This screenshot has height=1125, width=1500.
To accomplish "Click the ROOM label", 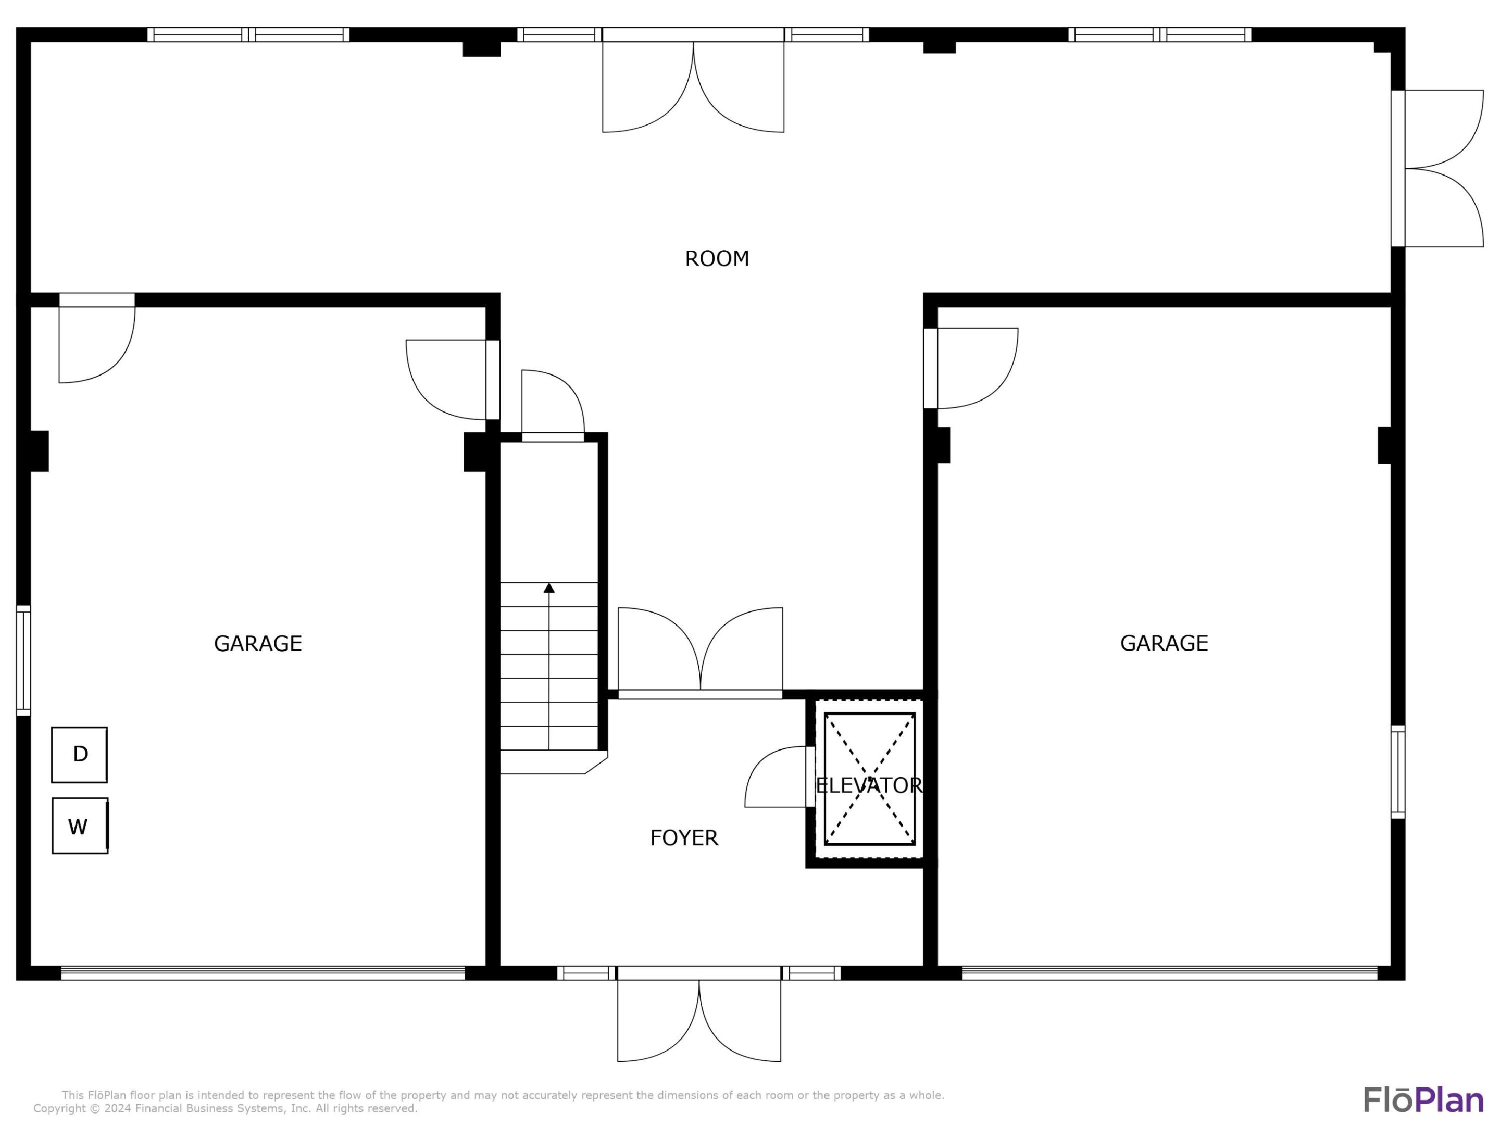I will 717,258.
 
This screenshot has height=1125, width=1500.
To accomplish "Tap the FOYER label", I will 683,838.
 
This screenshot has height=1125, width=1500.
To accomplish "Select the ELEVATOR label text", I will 869,785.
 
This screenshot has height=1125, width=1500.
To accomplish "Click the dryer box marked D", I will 79,755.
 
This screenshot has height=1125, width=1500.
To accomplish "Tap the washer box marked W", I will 79,826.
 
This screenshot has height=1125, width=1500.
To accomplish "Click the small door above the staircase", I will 553,406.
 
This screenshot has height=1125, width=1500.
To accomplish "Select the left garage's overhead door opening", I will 263,973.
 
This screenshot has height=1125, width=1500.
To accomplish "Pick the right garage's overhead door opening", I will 1170,973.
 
